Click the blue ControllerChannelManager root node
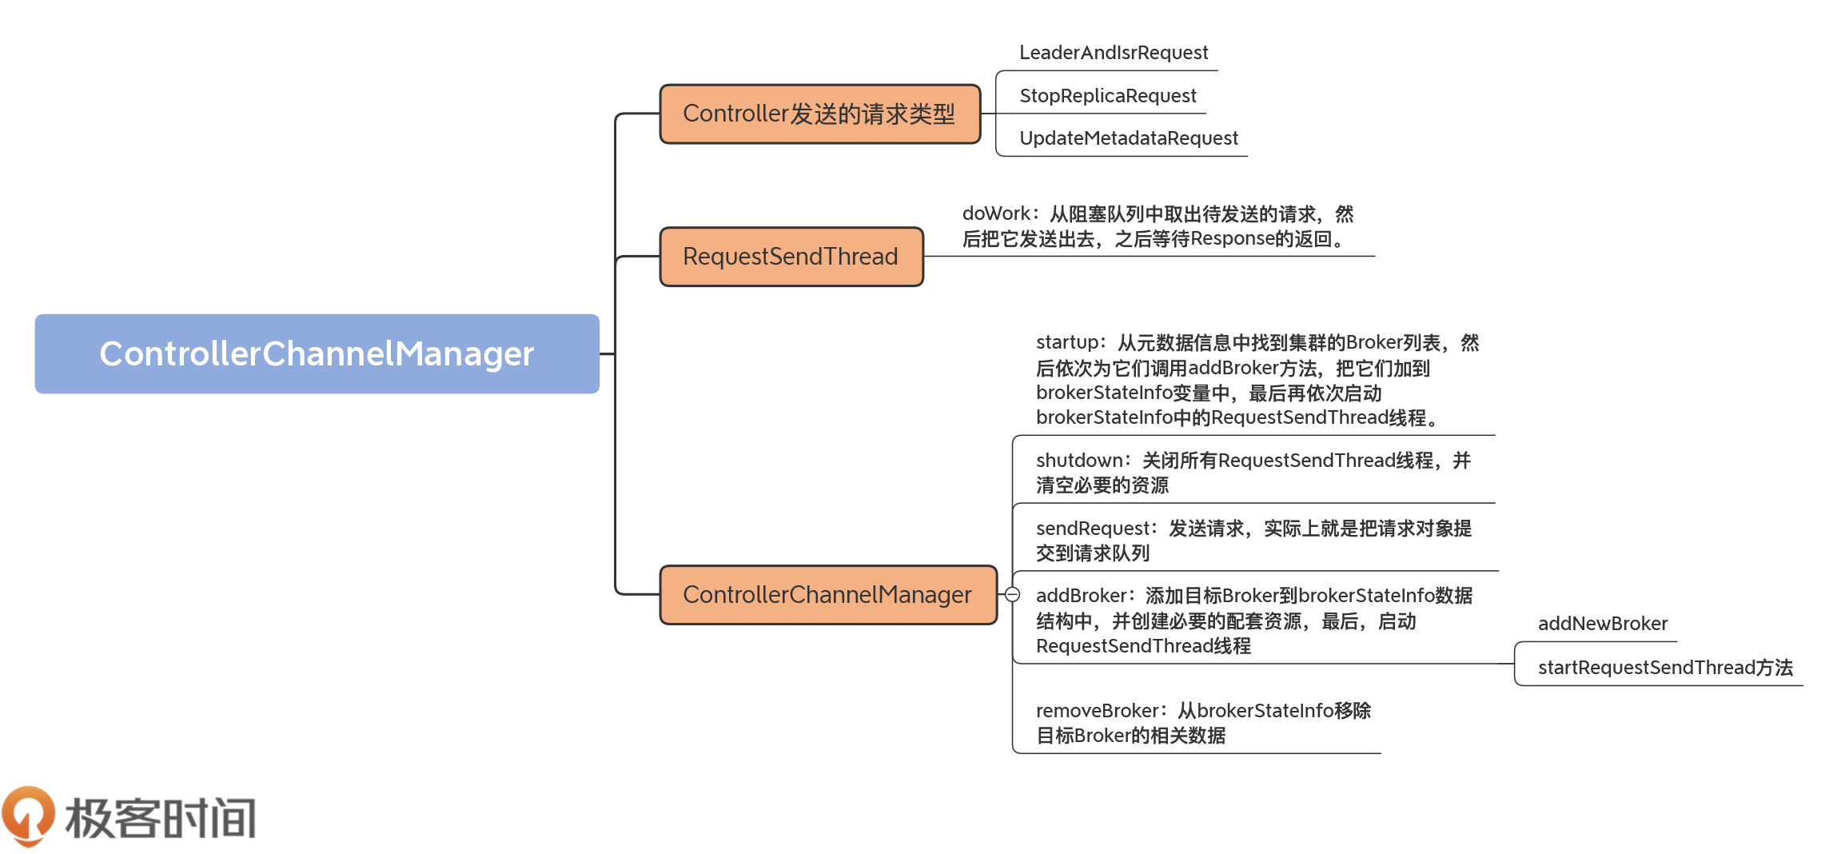(x=317, y=353)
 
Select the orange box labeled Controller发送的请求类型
(x=819, y=114)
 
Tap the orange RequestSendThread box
(x=791, y=257)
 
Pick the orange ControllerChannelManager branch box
(x=827, y=595)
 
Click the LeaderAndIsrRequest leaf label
(x=1113, y=53)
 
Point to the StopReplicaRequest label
(x=1107, y=96)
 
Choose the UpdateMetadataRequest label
(x=1128, y=138)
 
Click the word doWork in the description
(x=996, y=213)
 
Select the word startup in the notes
(x=1066, y=342)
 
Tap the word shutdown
(x=1078, y=461)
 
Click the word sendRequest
(x=1091, y=529)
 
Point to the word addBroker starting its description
(x=1081, y=596)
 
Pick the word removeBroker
(x=1096, y=711)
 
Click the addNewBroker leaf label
(x=1602, y=624)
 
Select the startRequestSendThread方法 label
(x=1665, y=668)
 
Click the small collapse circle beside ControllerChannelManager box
(x=1012, y=595)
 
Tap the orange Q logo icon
(x=28, y=816)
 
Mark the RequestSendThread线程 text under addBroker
(x=1142, y=646)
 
